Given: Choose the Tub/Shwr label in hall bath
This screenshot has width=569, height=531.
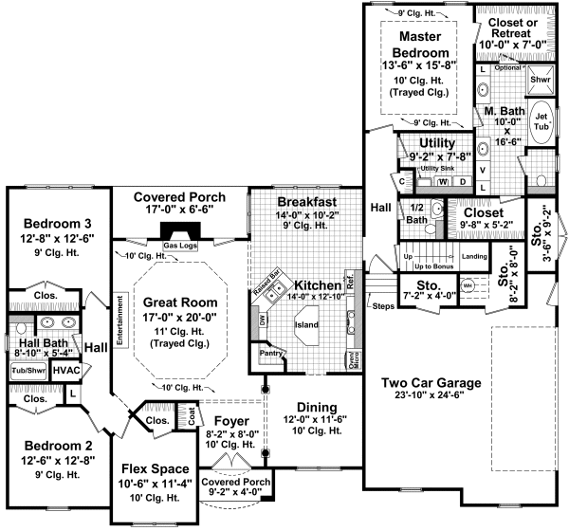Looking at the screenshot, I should tap(28, 370).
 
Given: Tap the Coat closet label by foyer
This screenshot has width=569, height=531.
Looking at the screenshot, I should tap(192, 412).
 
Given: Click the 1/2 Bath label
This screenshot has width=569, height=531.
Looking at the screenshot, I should tap(413, 212).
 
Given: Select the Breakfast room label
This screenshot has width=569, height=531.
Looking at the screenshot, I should tap(307, 203).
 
